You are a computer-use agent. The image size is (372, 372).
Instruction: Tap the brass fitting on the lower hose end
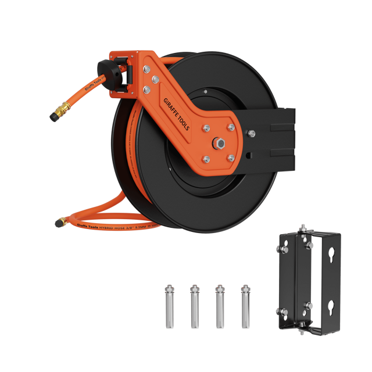[x=60, y=221]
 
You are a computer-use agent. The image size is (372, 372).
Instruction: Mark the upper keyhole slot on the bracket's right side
[x=331, y=253]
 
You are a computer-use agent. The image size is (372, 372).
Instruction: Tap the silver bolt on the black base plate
[x=252, y=135]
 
